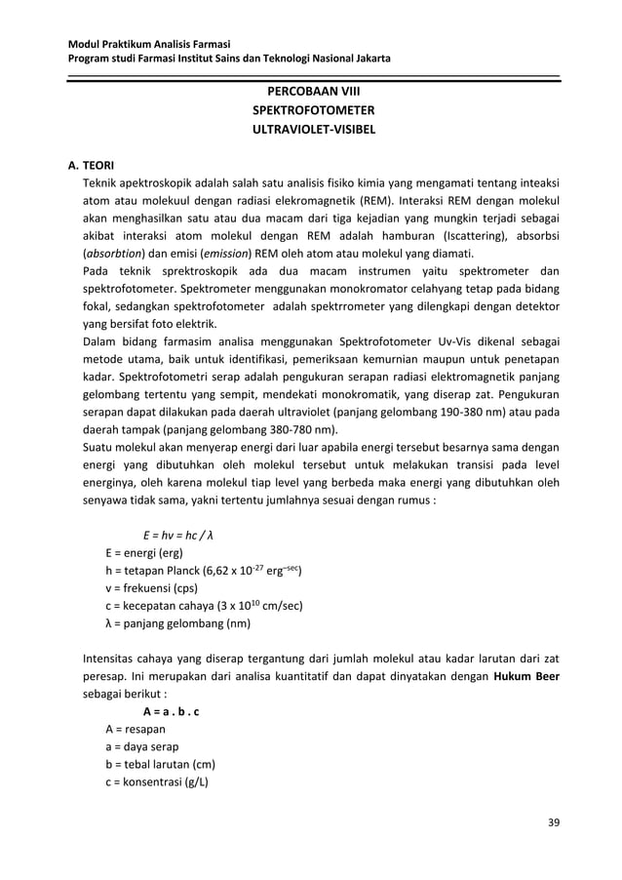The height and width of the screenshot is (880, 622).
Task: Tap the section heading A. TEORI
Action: [92, 166]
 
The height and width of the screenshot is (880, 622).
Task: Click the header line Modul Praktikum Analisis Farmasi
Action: [147, 44]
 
